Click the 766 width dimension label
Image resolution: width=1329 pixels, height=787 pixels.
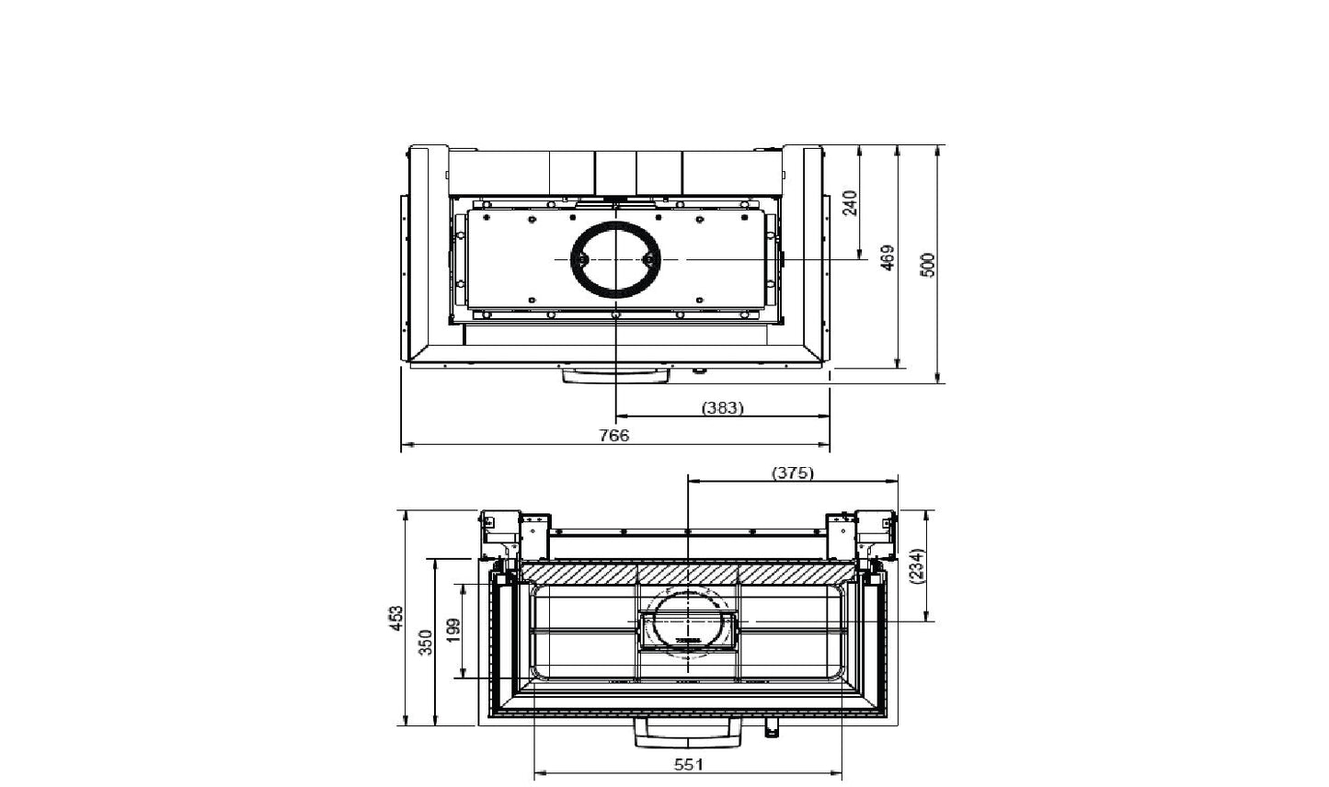614,436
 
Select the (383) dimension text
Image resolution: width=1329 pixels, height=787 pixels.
722,407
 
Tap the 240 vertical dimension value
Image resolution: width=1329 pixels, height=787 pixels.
850,203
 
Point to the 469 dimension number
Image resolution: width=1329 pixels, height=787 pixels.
888,258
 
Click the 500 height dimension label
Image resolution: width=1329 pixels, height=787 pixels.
928,265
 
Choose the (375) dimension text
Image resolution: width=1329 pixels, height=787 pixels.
792,473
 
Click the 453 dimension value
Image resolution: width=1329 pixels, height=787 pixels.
396,619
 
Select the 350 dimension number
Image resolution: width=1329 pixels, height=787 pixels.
425,642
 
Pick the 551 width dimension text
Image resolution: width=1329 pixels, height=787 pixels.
688,764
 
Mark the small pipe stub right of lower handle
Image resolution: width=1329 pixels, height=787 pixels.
771,728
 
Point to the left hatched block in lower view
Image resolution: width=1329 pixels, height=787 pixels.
579,574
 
